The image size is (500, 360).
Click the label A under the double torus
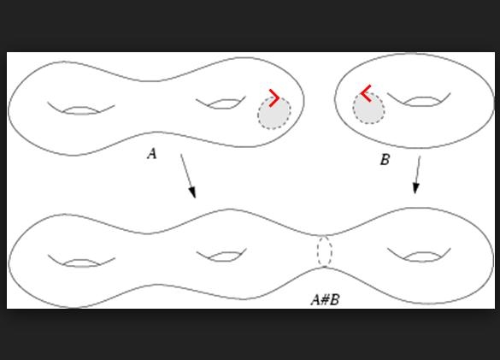(x=152, y=154)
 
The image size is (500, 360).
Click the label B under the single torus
(x=385, y=160)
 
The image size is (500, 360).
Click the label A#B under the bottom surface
(x=326, y=299)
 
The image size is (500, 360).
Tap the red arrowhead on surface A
(x=274, y=98)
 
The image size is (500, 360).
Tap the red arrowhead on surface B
(x=366, y=93)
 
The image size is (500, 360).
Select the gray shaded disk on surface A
(x=274, y=113)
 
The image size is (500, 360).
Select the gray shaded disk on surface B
(x=368, y=109)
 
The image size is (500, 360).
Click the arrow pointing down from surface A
(x=188, y=176)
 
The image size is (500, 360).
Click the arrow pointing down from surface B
(x=417, y=175)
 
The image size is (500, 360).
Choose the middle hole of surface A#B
(x=222, y=257)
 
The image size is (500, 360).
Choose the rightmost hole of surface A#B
(x=420, y=257)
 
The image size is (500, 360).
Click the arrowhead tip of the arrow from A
(x=195, y=198)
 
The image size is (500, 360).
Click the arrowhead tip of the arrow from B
(x=415, y=193)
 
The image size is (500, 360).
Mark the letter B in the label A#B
(x=334, y=299)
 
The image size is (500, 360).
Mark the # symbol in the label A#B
(x=325, y=299)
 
